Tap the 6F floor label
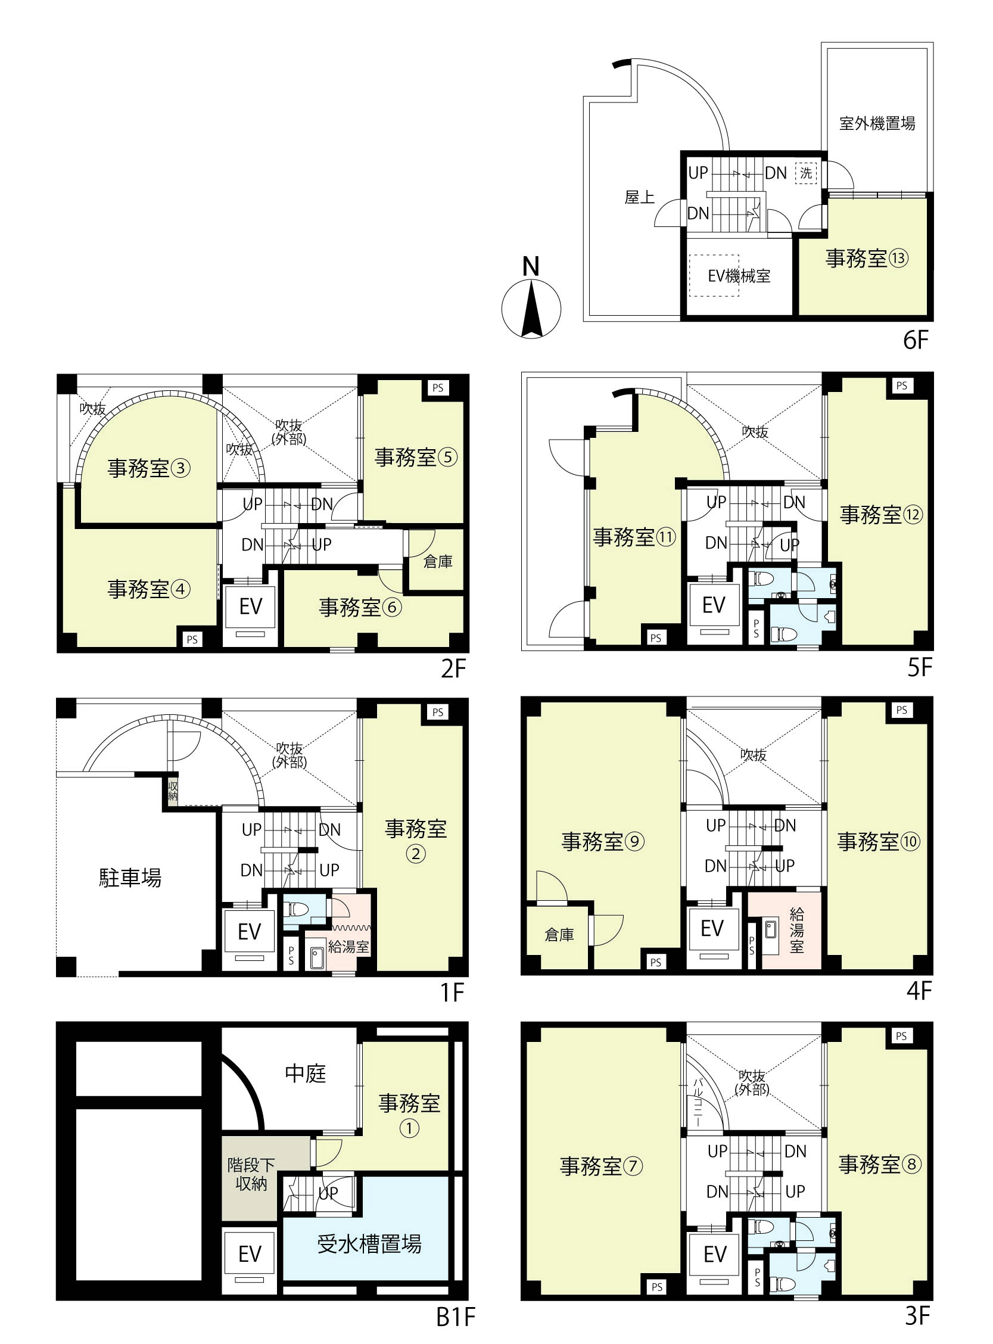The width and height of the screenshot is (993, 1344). coord(916,340)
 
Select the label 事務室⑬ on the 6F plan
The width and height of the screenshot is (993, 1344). coord(866,259)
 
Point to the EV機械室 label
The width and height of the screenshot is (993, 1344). coord(739,276)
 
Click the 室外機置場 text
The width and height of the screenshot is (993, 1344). coord(877,124)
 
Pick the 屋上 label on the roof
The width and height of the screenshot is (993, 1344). coord(639,197)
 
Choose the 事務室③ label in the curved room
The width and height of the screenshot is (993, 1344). coord(148,468)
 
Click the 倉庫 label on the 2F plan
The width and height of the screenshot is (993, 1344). coord(438,561)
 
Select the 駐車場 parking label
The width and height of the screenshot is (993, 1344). coord(130,878)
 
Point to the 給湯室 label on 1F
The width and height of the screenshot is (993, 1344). coord(348,947)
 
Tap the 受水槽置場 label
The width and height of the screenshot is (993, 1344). coord(369,1244)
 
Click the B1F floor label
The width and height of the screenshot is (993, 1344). coord(455,1318)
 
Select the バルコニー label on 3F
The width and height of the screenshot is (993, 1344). coord(698,1102)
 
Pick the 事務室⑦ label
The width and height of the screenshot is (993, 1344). coord(601,1166)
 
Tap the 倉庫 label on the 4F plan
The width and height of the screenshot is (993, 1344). coord(559,935)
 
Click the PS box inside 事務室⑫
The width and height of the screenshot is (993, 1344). coord(901,386)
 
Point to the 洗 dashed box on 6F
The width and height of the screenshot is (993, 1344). coord(806,173)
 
